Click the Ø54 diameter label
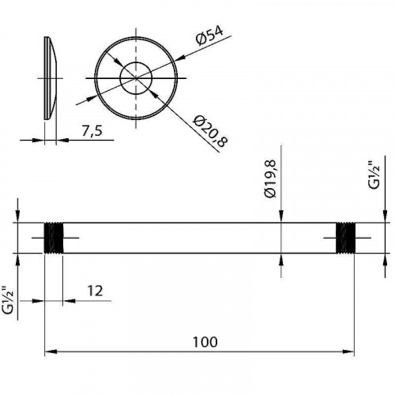209,36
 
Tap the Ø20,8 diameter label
210,132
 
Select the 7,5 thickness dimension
92,131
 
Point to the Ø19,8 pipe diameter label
271,179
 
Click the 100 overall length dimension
205,342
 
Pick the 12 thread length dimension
95,292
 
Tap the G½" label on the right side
374,175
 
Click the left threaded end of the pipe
54,238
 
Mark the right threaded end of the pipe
345,238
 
